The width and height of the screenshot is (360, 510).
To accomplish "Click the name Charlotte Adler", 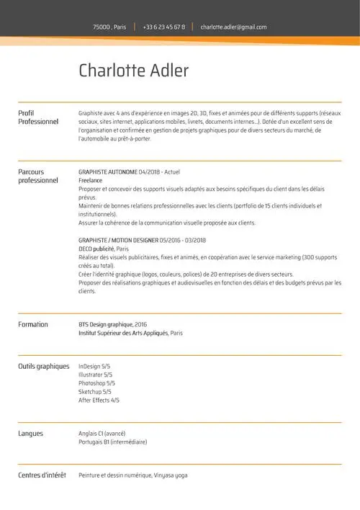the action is pos(133,71).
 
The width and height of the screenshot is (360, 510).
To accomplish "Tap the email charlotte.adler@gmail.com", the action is pos(233,27).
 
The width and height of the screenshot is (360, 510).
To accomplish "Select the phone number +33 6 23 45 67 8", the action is pos(163,27).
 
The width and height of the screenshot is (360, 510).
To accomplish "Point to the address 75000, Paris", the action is pos(109,27).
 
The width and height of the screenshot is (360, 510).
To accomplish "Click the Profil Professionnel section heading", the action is pos(37,117).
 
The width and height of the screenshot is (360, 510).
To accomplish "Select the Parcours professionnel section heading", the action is pos(37,176).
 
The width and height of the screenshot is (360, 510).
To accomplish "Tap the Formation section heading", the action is pos(33,324).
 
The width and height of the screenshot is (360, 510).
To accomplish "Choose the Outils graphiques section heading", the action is pos(43,366).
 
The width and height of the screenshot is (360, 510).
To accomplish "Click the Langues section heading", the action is pos(30,434).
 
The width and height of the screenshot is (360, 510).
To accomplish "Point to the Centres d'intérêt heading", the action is pos(42,475).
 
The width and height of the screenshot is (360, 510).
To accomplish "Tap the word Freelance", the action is pos(90,181).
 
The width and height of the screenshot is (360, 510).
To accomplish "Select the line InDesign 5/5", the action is pos(95,367).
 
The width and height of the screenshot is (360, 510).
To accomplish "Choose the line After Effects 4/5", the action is pos(99,400).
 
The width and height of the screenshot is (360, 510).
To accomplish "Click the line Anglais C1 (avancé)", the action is pos(102,434).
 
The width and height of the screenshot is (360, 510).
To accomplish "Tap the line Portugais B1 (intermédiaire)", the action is pos(112,442).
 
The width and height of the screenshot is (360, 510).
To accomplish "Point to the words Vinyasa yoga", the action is pos(171,475).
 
